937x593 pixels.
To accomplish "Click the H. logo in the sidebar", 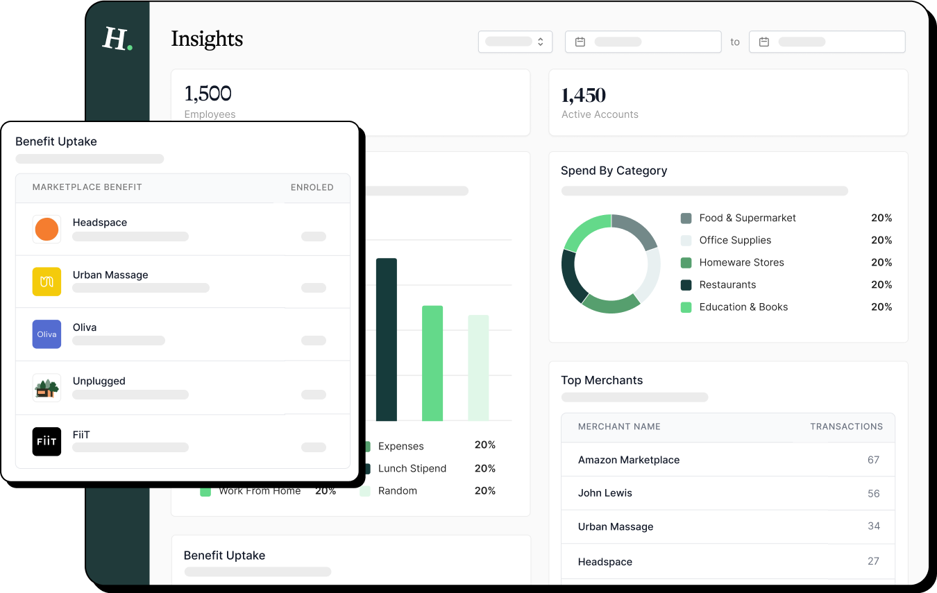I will tap(117, 39).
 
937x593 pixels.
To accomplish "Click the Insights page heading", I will tap(207, 39).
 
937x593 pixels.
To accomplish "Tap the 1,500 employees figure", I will tap(208, 93).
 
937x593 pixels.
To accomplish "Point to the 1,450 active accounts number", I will tap(583, 95).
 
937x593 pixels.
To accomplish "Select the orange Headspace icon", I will tap(47, 229).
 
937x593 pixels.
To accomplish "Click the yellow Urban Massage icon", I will tap(47, 282).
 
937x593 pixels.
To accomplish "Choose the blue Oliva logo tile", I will tap(47, 334).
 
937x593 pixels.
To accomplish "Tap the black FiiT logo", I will tap(47, 442).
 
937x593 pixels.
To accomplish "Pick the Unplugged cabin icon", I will tap(47, 388).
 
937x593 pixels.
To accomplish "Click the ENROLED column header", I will tap(312, 187).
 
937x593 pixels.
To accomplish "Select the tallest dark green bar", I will tap(387, 339).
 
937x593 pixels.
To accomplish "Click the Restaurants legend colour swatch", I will tap(686, 285).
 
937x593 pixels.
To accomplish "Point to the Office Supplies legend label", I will tap(735, 240).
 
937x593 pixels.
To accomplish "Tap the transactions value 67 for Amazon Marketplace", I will tap(873, 460).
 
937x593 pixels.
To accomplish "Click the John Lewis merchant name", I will tap(605, 493).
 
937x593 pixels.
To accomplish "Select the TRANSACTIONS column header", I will tap(846, 427).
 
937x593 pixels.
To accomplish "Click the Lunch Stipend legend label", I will tap(412, 469).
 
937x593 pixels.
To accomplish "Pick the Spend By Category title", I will tap(614, 171).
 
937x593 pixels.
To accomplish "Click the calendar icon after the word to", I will tap(763, 42).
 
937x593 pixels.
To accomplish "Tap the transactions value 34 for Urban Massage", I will tap(873, 526).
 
